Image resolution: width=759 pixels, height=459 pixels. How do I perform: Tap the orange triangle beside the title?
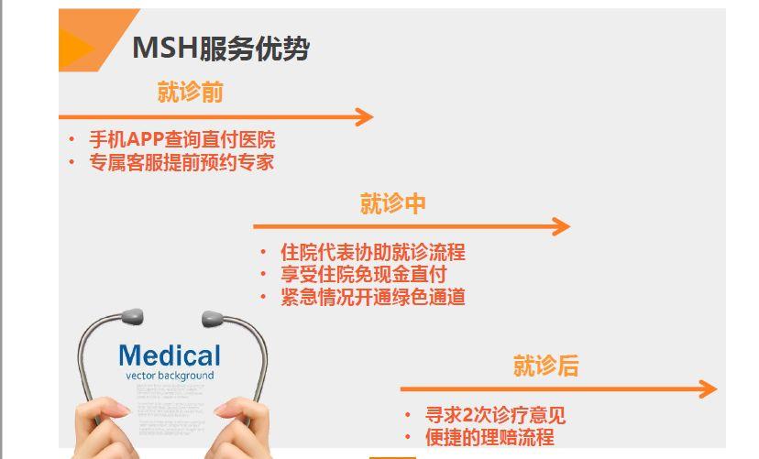[77, 47]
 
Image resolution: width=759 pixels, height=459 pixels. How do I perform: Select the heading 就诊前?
[190, 92]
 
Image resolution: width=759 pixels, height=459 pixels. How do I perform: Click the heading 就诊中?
[392, 202]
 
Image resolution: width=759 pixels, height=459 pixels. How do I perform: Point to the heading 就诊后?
[545, 366]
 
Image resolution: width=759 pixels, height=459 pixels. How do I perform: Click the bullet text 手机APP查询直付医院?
[181, 140]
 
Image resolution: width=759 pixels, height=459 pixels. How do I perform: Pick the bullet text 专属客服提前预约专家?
[181, 162]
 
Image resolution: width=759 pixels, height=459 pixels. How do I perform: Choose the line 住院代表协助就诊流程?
[373, 252]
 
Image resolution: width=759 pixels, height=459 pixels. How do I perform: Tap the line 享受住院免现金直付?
[364, 274]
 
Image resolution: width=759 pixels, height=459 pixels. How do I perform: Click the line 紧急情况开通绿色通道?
[373, 296]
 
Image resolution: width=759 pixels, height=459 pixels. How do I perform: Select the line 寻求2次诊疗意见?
[495, 415]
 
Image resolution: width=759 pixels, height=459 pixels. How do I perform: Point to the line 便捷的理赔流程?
[489, 437]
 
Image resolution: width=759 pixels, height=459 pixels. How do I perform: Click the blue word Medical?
[170, 355]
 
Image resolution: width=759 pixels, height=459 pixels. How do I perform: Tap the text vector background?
[170, 376]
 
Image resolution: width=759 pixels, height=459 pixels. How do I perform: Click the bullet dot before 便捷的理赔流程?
[409, 437]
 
